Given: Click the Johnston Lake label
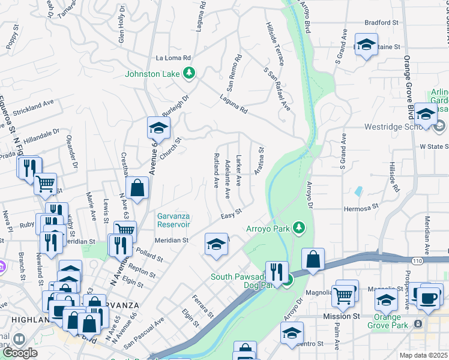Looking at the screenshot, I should [x=154, y=74].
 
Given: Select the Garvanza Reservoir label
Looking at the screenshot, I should [x=173, y=220].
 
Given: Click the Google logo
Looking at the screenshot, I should [x=19, y=353].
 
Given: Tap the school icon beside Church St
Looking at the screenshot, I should [x=158, y=127].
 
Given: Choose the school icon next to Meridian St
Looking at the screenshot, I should [x=217, y=244].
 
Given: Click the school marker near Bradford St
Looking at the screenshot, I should [x=366, y=45].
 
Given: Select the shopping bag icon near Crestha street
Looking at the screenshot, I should [x=138, y=188].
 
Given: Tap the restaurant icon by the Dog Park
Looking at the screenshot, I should [x=277, y=271].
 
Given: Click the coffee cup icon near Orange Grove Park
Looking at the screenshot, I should [x=427, y=298].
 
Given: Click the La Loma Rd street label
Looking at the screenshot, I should [x=173, y=58].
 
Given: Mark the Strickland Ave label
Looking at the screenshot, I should [x=31, y=106].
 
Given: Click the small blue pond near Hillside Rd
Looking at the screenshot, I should [x=359, y=191].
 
